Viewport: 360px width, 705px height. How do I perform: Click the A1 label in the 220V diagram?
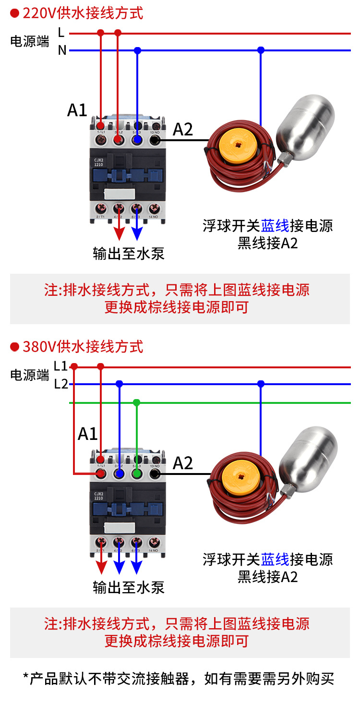pyautogui.click(x=77, y=109)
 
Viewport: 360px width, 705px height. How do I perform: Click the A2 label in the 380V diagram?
pyautogui.click(x=183, y=463)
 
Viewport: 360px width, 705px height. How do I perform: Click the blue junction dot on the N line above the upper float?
pyautogui.click(x=261, y=49)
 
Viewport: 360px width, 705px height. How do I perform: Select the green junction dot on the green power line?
pyautogui.click(x=137, y=402)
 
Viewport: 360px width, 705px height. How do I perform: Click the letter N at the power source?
pyautogui.click(x=62, y=50)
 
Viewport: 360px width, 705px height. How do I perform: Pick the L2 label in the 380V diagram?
pyautogui.click(x=61, y=384)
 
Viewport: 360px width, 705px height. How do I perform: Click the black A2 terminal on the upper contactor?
pyautogui.click(x=155, y=140)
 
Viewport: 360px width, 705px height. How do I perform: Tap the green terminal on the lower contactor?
pyautogui.click(x=137, y=474)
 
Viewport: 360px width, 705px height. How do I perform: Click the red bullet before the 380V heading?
pyautogui.click(x=14, y=346)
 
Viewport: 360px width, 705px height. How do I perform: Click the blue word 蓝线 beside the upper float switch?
pyautogui.click(x=275, y=225)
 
